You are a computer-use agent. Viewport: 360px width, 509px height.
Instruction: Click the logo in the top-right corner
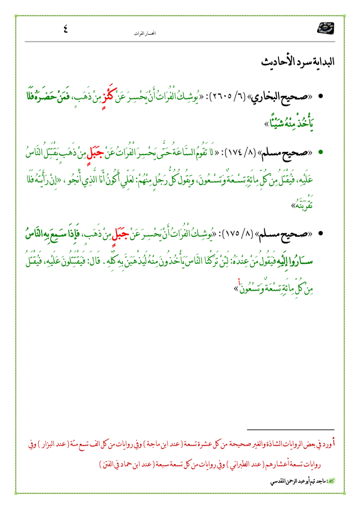pyautogui.click(x=325, y=28)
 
